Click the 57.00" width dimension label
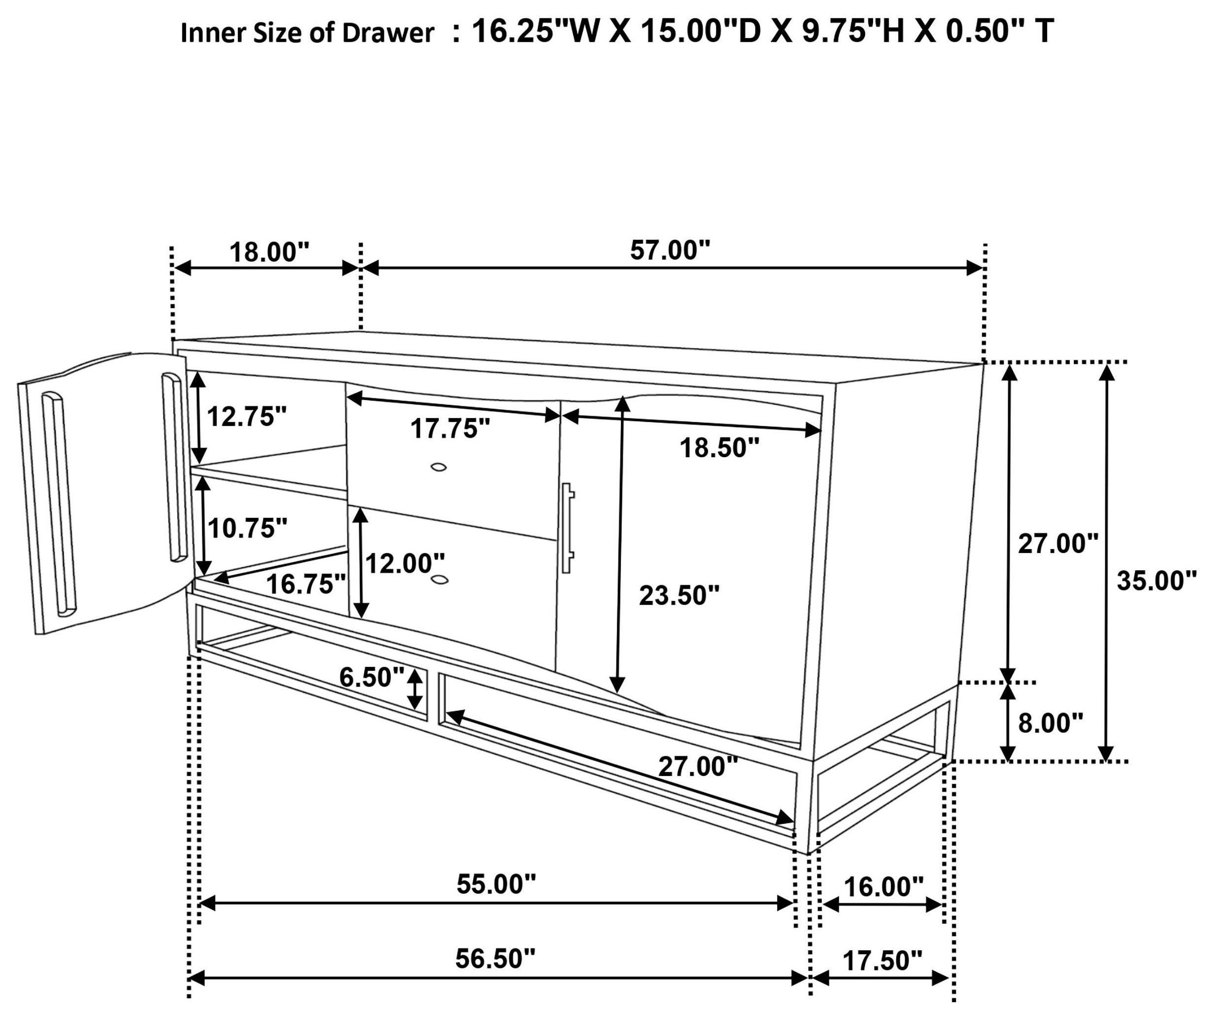(670, 250)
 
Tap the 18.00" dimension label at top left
(269, 253)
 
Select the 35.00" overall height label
(1157, 581)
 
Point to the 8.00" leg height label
(1050, 723)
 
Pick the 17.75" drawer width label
(451, 429)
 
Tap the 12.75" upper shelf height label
(247, 416)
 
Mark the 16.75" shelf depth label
(306, 584)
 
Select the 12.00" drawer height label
(405, 563)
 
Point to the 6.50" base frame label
(372, 677)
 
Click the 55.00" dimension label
(496, 884)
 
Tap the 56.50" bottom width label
(495, 959)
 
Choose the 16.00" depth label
(884, 887)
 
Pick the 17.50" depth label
(882, 961)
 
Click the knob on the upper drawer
(439, 467)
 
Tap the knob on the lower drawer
(439, 579)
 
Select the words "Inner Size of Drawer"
(307, 34)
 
